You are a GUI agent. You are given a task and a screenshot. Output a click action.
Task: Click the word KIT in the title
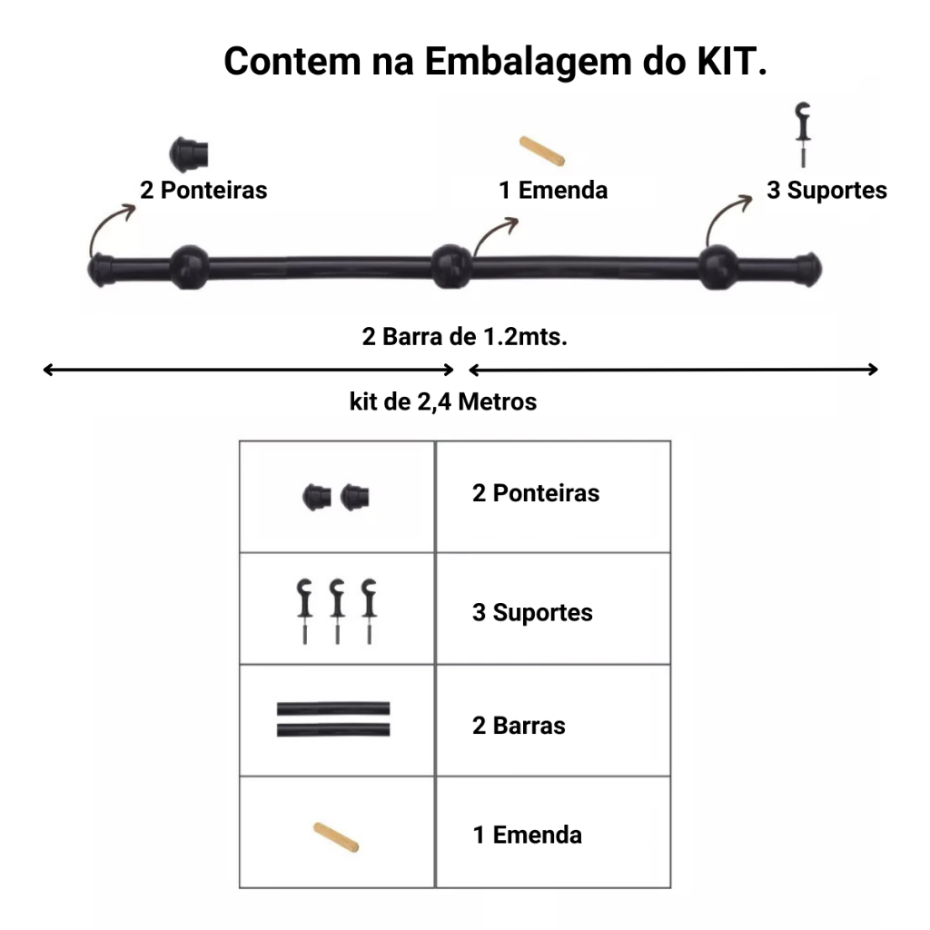point(731,61)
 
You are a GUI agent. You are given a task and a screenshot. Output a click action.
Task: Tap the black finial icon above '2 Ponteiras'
point(189,154)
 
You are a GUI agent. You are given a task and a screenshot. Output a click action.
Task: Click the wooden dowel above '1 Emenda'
point(542,151)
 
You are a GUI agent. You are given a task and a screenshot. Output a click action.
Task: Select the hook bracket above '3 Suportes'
point(803,134)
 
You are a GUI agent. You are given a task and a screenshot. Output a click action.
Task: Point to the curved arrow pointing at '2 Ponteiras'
point(105,223)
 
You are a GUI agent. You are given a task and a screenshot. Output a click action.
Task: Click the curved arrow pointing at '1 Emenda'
point(493,233)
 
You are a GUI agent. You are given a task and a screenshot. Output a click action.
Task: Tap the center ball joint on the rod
point(450,266)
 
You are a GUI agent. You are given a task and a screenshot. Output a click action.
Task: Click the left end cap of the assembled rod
point(102,270)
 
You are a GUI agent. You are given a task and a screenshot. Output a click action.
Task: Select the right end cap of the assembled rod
point(807,270)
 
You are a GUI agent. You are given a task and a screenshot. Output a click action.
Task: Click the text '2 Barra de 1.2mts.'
point(464,336)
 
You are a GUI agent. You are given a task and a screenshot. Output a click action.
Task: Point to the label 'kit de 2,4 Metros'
point(443,401)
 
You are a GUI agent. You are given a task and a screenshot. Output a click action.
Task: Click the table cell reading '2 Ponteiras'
point(553,497)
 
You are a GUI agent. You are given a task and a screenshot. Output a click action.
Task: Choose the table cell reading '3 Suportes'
point(553,608)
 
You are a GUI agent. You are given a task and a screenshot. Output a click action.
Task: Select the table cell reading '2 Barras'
point(553,720)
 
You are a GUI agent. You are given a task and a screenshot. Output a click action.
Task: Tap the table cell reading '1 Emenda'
point(553,832)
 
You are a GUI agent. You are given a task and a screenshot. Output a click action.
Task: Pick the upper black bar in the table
point(333,708)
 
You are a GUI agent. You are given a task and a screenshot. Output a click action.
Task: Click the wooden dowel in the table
point(336,836)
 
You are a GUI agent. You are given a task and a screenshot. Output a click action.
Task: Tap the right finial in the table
point(355,497)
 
